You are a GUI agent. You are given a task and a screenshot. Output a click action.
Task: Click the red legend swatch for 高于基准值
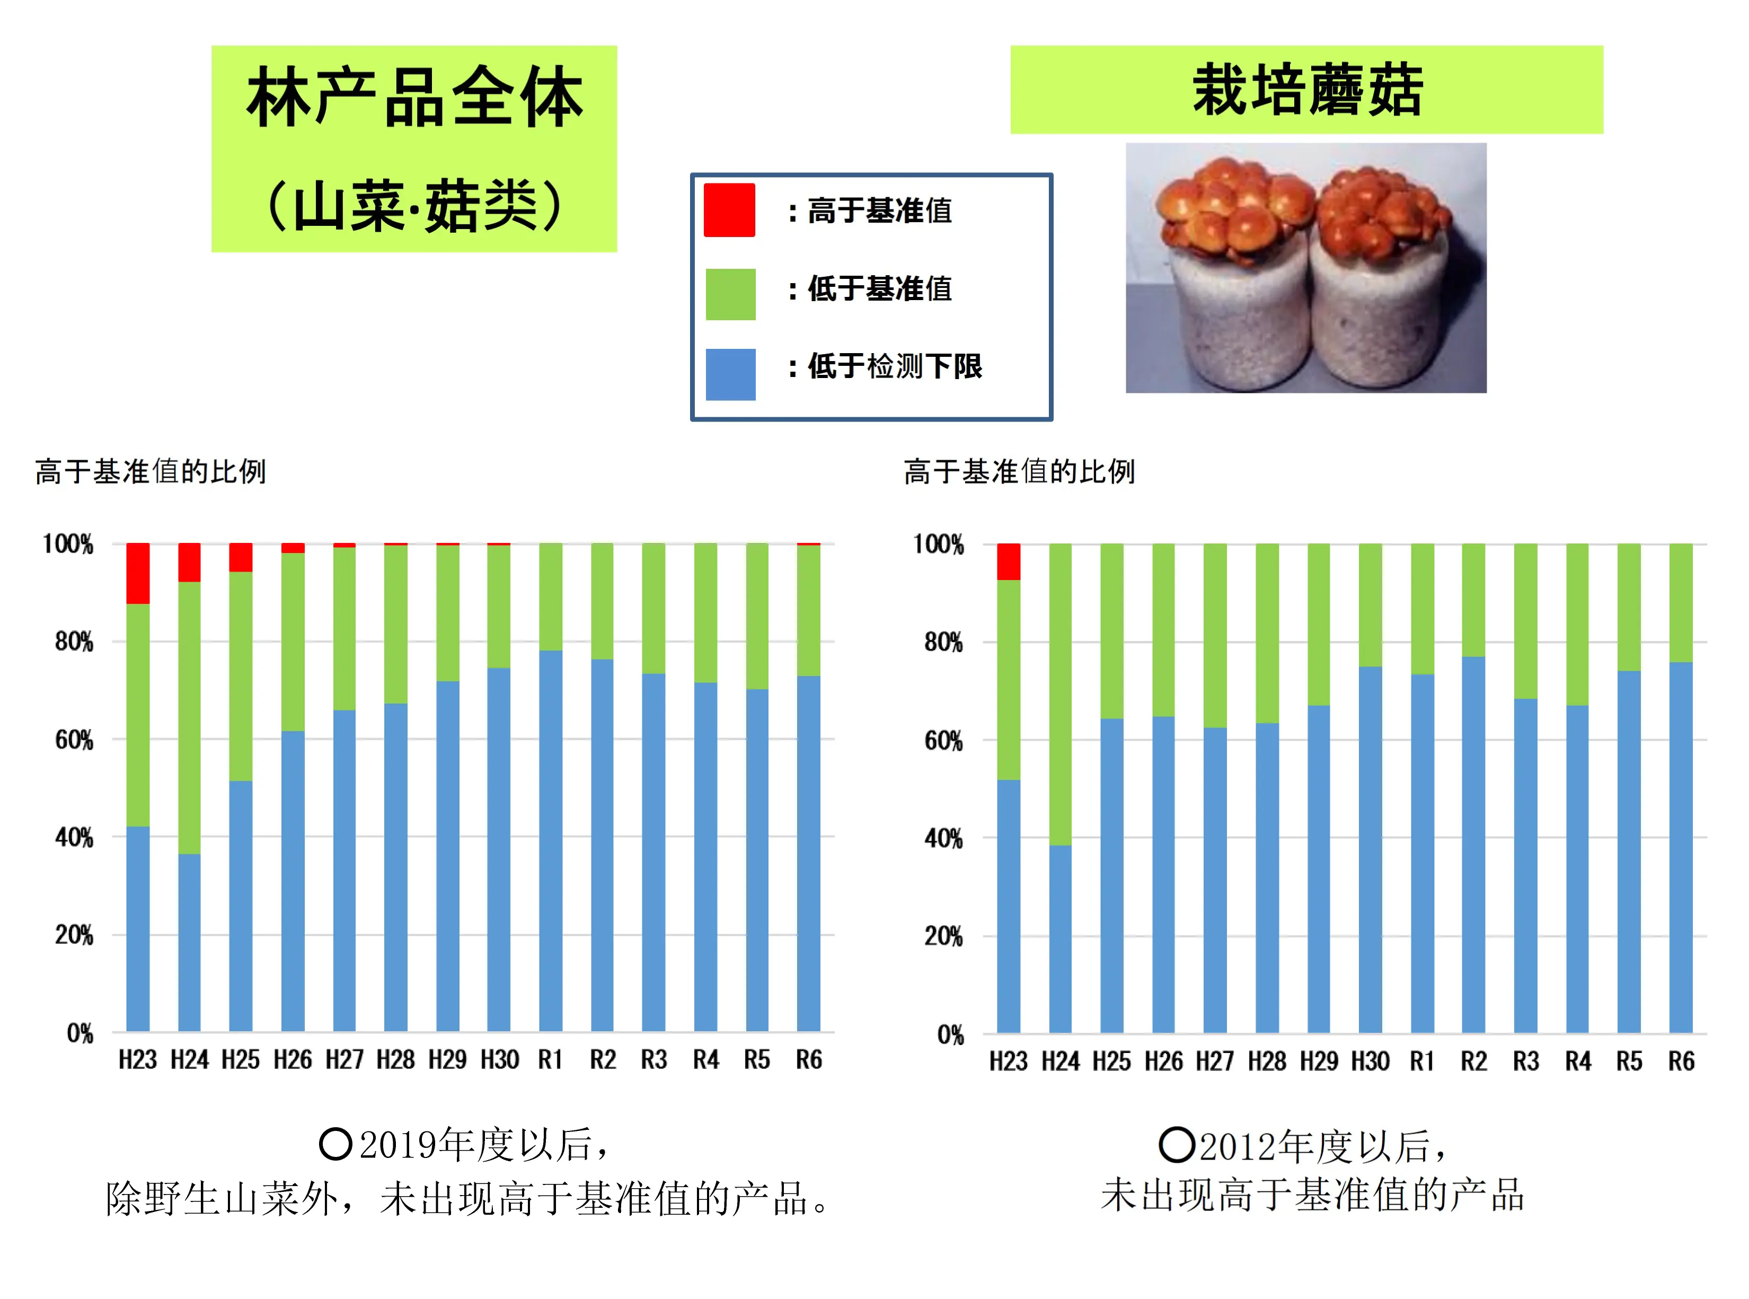pos(729,210)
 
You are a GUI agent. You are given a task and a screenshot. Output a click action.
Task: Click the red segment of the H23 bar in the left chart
pos(138,573)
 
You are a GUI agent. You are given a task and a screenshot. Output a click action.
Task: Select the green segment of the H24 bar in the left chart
pos(189,717)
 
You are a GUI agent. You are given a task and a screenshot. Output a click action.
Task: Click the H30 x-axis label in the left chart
pos(499,1060)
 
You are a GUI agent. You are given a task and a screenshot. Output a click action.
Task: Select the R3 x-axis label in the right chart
pos(1526,1061)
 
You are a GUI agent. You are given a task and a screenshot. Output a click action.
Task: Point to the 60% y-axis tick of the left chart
pos(74,740)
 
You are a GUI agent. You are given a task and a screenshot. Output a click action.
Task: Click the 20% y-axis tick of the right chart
pos(943,936)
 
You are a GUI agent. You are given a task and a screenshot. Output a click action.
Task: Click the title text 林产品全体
pos(414,98)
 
